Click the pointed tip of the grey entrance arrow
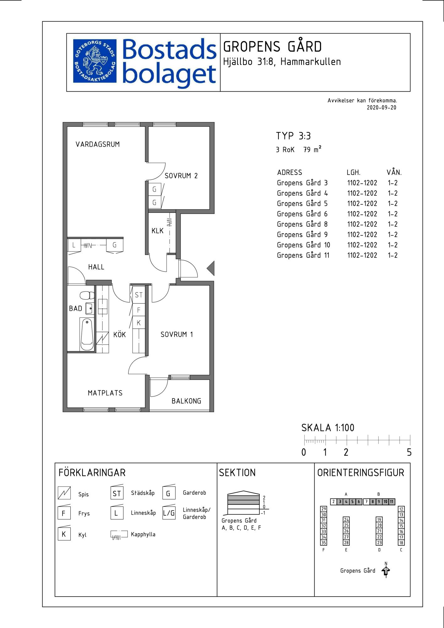coord(207,268)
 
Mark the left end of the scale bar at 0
coord(304,441)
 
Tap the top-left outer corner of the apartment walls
coord(63,122)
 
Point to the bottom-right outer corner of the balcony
coord(214,412)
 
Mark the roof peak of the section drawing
coord(243,491)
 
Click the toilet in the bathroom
coord(87,295)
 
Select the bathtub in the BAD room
coord(87,334)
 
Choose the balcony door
coord(159,387)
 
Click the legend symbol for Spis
coord(64,493)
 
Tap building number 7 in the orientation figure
coord(366,501)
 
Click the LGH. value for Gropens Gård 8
coord(362,224)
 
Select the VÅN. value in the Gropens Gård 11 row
coord(393,255)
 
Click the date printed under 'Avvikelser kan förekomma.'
coord(382,108)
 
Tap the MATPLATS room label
coord(105,393)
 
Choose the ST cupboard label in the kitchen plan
coord(138,295)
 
